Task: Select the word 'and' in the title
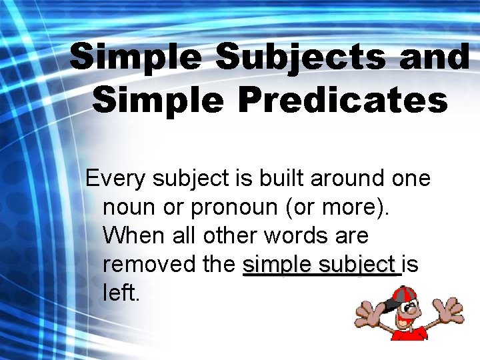[x=435, y=57]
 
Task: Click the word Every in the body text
[x=115, y=179]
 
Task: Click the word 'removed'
[x=148, y=265]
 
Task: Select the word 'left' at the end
[x=121, y=293]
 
